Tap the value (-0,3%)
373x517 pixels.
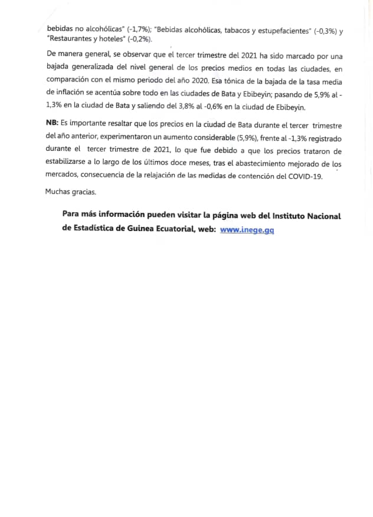(x=326, y=27)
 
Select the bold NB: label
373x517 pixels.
(x=52, y=126)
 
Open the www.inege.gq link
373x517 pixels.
(x=247, y=230)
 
